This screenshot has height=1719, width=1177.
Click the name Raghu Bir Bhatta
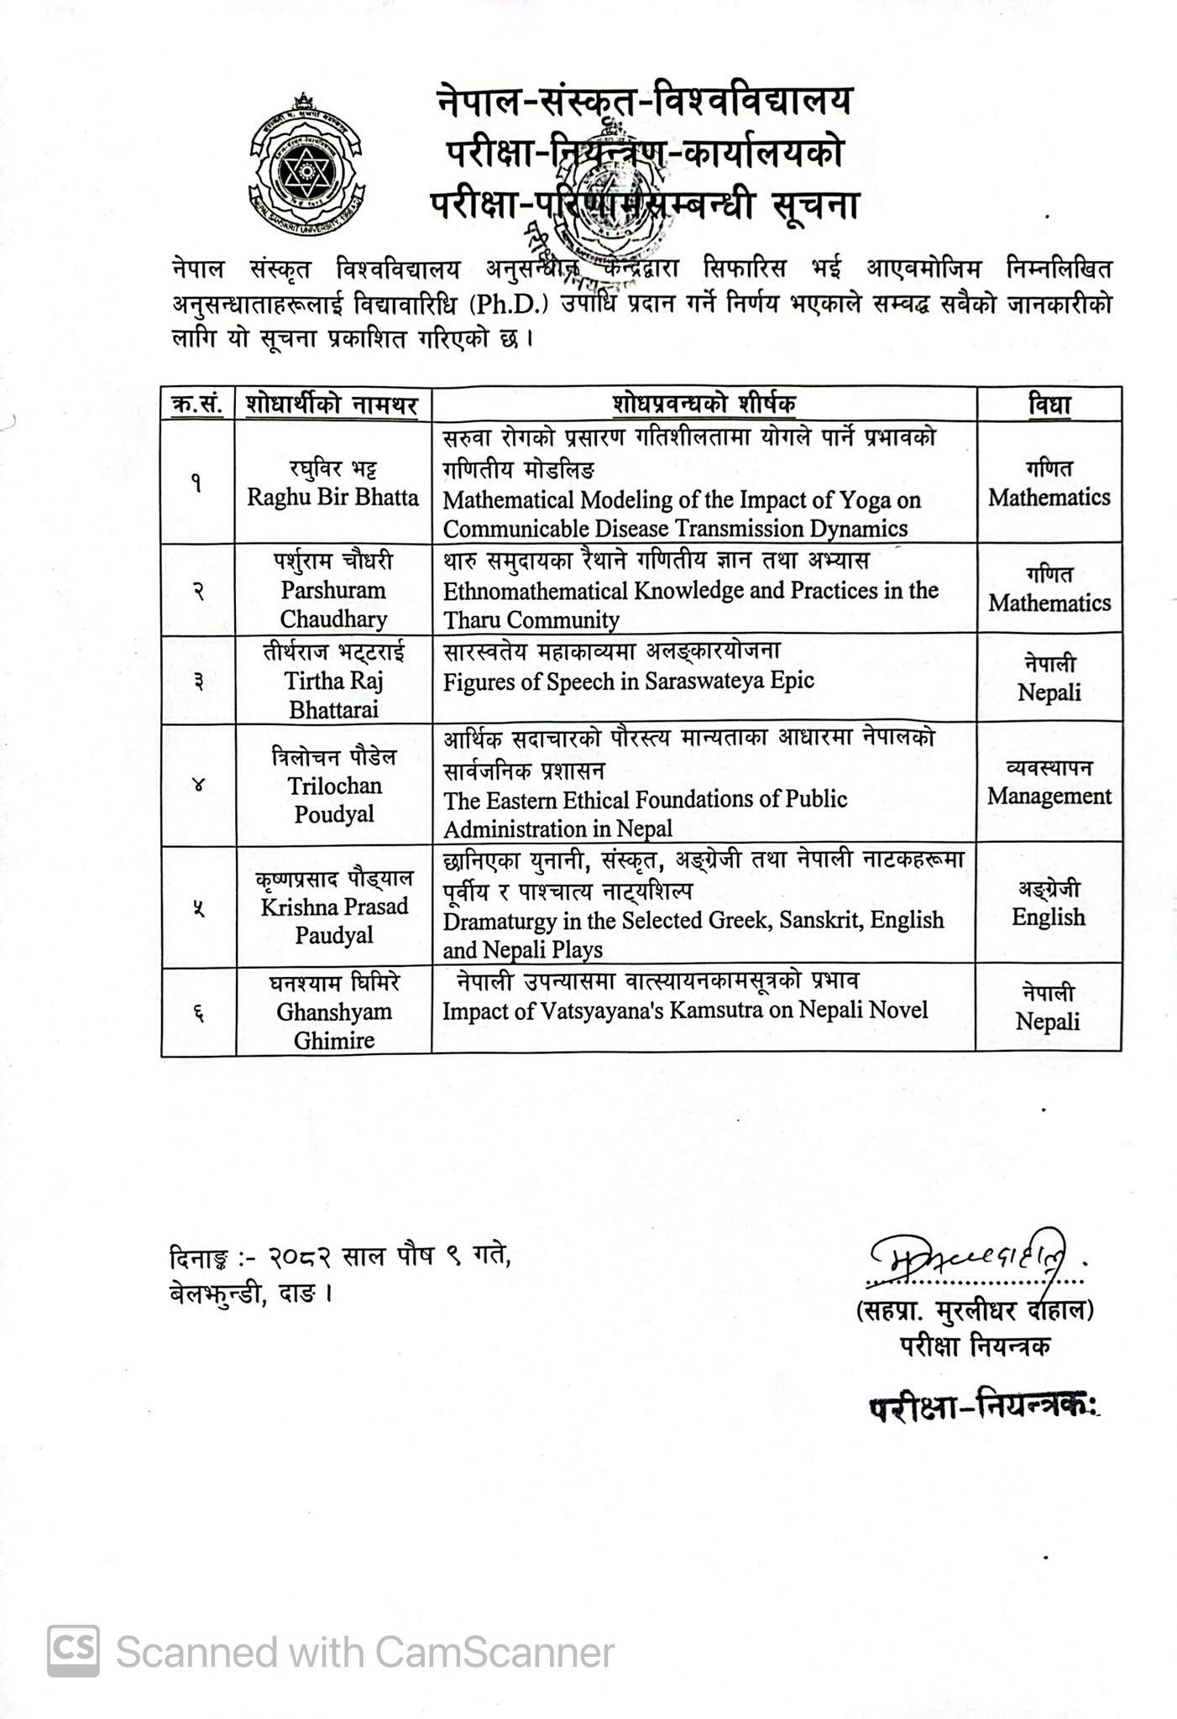pos(332,497)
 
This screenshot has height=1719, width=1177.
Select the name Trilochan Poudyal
pos(334,800)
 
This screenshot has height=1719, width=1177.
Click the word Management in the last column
pos(1049,796)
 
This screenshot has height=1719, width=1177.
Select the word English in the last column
pos(1048,917)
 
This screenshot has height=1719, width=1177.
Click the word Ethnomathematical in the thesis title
pos(535,591)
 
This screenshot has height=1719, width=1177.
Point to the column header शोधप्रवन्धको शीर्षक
pos(704,405)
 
